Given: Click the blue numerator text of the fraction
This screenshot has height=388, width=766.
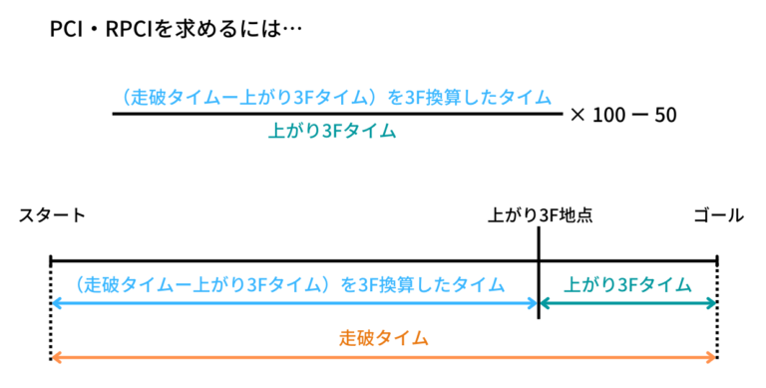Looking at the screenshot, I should [332, 98].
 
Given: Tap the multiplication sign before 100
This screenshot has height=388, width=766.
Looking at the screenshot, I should [577, 115].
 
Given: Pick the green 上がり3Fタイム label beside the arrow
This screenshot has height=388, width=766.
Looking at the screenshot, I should [627, 284].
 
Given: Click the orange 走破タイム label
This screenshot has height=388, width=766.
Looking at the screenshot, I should [384, 338].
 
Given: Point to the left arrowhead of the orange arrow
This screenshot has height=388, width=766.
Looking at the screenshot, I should [55, 356].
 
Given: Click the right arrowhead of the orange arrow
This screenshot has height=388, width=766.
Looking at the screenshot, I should [711, 356].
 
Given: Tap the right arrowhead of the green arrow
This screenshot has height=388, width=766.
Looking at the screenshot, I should [711, 302].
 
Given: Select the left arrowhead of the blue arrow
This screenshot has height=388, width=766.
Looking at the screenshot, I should [55, 302].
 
